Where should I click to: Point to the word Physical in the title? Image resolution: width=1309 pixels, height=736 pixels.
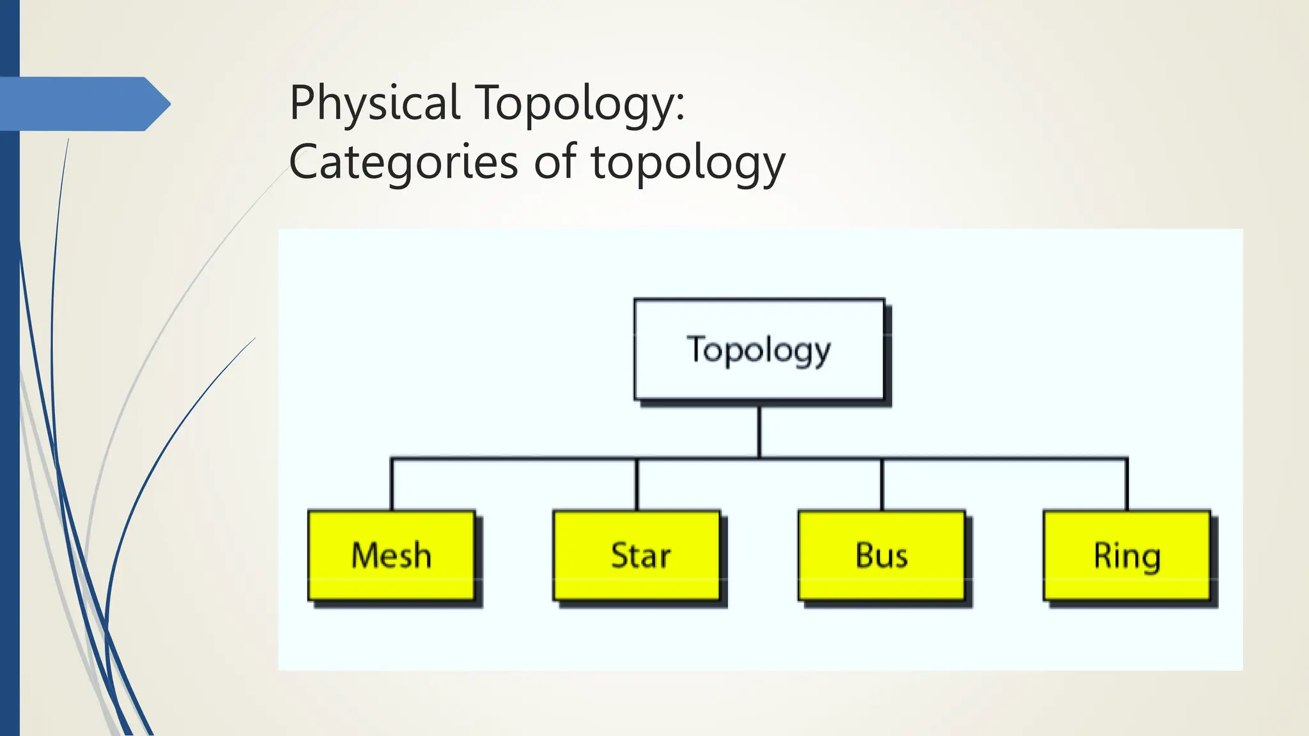click(375, 103)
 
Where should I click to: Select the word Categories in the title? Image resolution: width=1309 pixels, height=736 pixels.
click(403, 162)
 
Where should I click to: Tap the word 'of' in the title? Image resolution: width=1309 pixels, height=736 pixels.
click(555, 162)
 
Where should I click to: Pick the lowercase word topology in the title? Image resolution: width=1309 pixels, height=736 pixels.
click(688, 162)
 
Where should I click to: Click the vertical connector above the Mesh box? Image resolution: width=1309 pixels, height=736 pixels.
click(391, 484)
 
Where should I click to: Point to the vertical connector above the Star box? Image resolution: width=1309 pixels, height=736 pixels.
click(637, 484)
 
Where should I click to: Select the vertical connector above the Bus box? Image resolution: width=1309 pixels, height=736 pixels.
click(881, 484)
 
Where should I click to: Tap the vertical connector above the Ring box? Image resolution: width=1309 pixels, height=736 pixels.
click(1127, 484)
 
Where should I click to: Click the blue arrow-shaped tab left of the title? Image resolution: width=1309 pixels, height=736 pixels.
click(83, 103)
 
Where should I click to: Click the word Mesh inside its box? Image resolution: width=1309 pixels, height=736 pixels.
click(391, 555)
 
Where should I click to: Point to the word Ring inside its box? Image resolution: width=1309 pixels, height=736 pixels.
click(1127, 556)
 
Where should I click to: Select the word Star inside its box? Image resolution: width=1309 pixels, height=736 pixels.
click(640, 555)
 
